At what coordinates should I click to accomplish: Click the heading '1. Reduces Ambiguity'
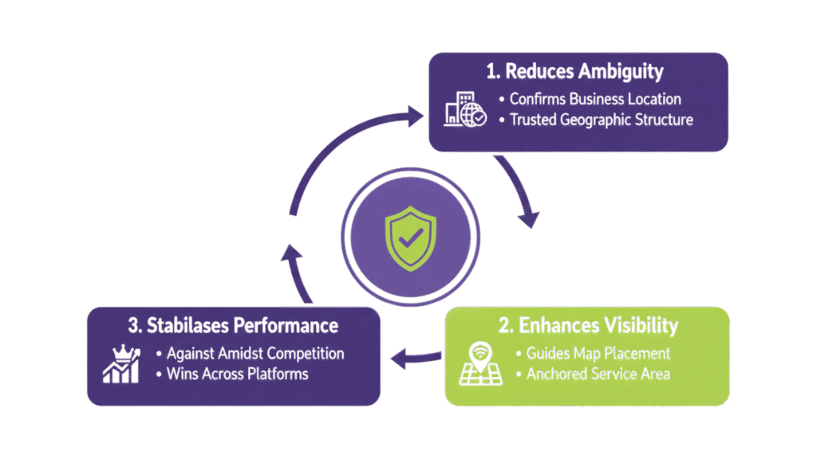pyautogui.click(x=574, y=71)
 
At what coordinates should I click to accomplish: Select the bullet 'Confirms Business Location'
pyautogui.click(x=594, y=100)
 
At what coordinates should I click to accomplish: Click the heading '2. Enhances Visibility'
pyautogui.click(x=587, y=325)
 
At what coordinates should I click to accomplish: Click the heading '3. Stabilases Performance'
pyautogui.click(x=232, y=325)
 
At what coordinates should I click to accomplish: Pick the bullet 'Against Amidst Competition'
pyautogui.click(x=250, y=353)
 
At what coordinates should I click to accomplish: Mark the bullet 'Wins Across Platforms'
pyautogui.click(x=237, y=373)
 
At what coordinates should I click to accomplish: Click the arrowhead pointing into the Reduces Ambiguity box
pyautogui.click(x=417, y=118)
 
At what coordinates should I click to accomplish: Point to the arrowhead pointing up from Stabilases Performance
pyautogui.click(x=294, y=253)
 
